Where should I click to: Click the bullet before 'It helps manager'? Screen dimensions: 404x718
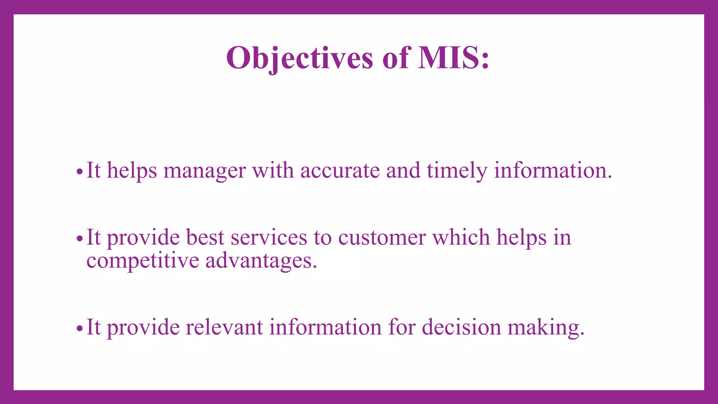coord(80,172)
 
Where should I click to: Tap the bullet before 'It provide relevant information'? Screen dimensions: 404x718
coord(80,329)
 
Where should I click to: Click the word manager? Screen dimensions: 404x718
coord(204,171)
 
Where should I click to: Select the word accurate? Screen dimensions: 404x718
coord(340,171)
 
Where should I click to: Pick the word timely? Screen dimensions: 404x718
coord(457,171)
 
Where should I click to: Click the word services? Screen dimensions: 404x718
coord(269,238)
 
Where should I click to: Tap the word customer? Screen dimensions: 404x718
coord(382,238)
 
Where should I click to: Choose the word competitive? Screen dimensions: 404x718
coord(143,261)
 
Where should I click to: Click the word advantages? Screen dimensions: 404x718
coord(261,261)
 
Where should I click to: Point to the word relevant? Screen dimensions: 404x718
coord(224,327)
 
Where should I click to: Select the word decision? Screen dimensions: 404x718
coord(461,327)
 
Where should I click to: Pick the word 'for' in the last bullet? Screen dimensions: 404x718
coord(401,327)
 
